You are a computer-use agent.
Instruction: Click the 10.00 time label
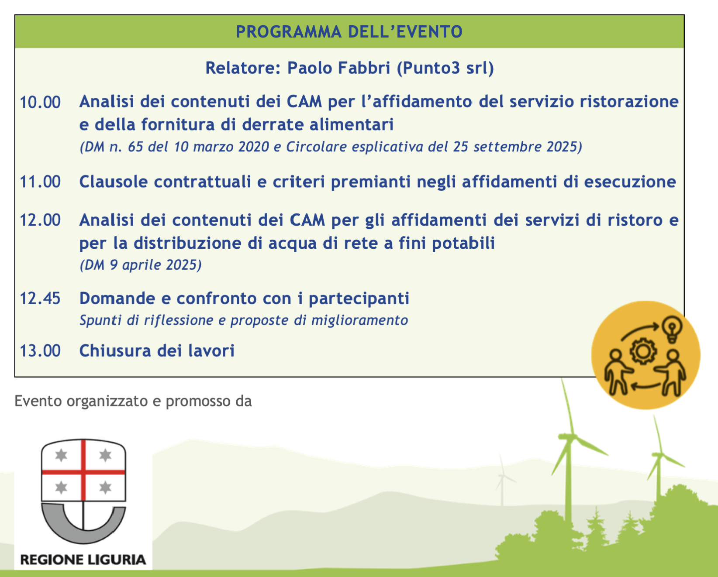[x=40, y=103]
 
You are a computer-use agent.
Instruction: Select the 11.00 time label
[x=40, y=182]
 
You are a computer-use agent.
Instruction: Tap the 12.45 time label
[x=40, y=299]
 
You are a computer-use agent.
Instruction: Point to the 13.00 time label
[x=40, y=351]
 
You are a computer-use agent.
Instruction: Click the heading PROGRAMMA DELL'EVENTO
[x=349, y=32]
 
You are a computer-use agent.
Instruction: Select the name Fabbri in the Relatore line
[x=364, y=68]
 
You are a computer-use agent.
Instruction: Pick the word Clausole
[x=114, y=182]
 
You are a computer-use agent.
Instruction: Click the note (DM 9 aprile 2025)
[x=141, y=265]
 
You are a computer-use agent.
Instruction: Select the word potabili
[x=463, y=243]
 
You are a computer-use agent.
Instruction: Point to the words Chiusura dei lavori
[x=157, y=350]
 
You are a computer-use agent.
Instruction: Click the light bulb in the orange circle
[x=672, y=329]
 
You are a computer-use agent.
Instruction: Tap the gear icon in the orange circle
[x=644, y=351]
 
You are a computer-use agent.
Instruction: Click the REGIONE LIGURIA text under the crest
[x=83, y=559]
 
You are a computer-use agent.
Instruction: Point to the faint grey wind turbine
[x=502, y=480]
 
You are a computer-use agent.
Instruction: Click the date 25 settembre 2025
[x=515, y=147]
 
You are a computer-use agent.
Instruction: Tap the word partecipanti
[x=359, y=299]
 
